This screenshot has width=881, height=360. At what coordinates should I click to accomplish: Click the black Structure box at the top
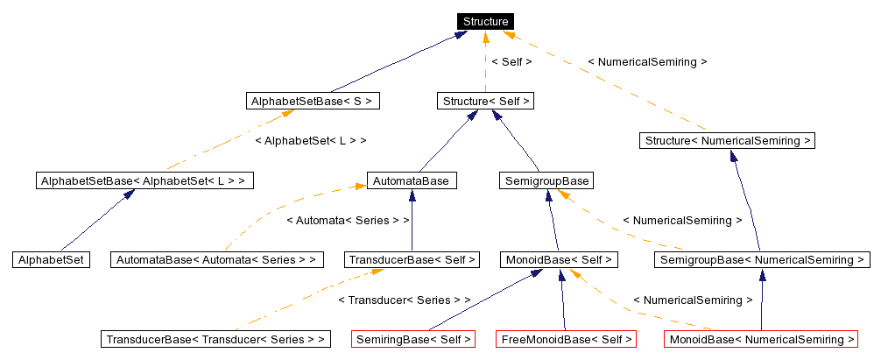coord(485,21)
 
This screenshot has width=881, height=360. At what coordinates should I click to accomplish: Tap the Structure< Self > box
coord(485,101)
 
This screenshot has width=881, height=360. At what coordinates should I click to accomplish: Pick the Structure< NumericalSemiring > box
coord(728,140)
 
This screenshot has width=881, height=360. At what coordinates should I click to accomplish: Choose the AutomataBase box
coord(412,180)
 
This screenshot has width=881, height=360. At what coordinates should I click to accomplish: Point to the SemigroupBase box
coord(546,180)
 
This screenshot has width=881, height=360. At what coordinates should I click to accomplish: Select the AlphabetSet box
coord(51,259)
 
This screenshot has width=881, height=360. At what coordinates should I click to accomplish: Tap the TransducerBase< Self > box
coord(412,259)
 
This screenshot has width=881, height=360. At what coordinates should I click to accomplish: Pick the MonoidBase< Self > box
coord(559,259)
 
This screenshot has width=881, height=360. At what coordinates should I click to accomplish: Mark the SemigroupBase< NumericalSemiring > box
coord(762,259)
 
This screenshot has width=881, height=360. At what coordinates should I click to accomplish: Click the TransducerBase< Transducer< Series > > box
coord(215,339)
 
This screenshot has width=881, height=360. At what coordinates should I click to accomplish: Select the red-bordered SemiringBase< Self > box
coord(412,339)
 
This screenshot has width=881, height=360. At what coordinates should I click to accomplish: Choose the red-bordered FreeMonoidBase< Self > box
coord(565,339)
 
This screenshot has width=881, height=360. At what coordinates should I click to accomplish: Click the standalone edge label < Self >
coord(511,62)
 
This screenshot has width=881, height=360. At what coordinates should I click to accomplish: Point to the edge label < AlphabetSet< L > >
coord(310,140)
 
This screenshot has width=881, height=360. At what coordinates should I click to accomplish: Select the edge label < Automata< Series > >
coord(348,220)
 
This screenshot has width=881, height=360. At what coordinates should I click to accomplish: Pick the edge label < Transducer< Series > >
coord(404,300)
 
